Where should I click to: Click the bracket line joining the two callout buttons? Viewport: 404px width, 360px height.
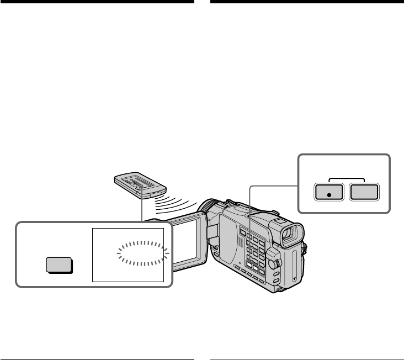[347, 179]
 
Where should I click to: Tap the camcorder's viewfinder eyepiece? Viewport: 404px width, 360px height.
[290, 234]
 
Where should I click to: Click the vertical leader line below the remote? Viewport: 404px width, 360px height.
[142, 208]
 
